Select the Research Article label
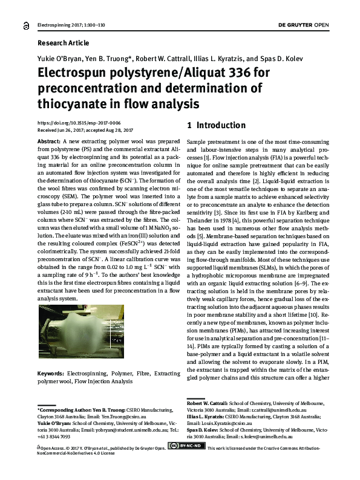coord(63,43)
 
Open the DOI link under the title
coord(79,122)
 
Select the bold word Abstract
coord(50,140)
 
